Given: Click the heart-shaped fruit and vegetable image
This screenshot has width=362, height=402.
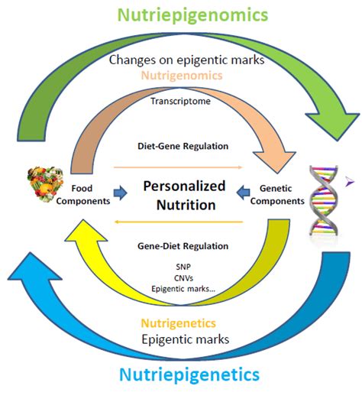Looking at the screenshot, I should [43, 188].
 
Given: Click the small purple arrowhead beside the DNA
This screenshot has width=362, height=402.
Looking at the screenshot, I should [349, 180].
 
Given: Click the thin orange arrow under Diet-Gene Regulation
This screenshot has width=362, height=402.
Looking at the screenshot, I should [177, 165].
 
